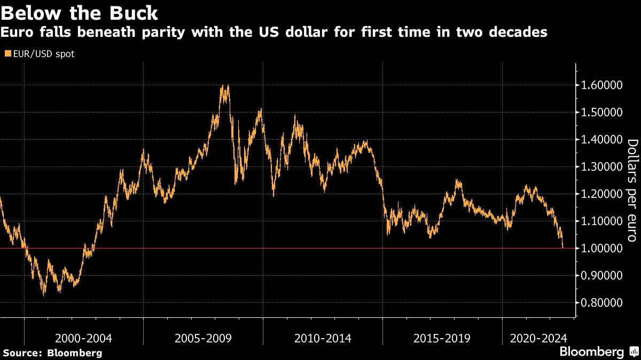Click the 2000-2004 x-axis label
pos(83,338)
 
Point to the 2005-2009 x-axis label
pos(203,338)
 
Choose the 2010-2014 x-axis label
pos(323,338)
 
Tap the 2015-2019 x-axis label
pos(442,338)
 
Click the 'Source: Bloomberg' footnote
pos(52,353)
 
